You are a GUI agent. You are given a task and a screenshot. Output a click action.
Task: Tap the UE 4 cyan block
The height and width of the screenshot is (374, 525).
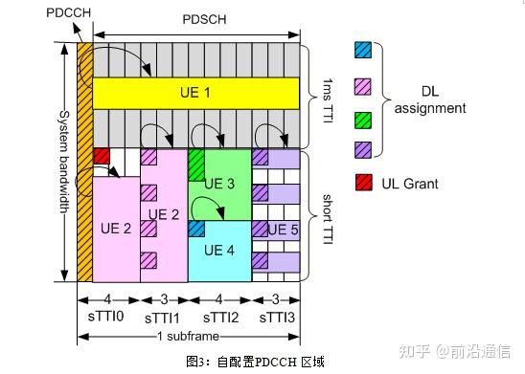pyautogui.click(x=220, y=251)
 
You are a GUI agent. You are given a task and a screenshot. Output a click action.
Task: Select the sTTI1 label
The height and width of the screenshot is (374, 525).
pyautogui.click(x=163, y=316)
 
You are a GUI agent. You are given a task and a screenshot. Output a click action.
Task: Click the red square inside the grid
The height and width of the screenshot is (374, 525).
pyautogui.click(x=102, y=156)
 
